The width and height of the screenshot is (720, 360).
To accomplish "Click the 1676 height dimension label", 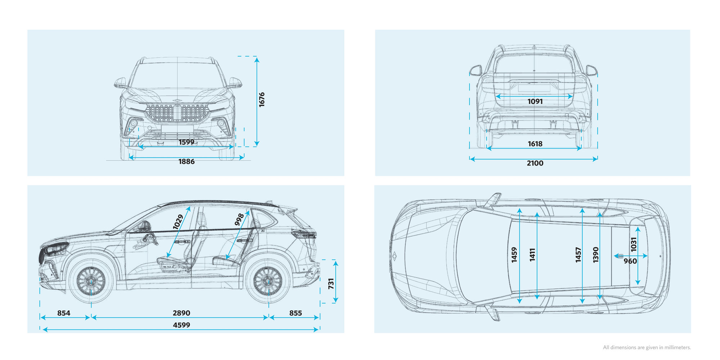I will point(262,99).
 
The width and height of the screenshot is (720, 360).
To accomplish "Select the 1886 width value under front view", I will point(186,162).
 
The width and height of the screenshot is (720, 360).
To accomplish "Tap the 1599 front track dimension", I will point(186,142).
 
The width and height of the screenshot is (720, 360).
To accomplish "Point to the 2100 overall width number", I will point(535,163).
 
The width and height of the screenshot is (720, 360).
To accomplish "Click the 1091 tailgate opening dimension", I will point(535,102).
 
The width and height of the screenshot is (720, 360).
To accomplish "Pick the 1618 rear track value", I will point(535,144).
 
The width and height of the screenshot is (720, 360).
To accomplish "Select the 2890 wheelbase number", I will point(181,313).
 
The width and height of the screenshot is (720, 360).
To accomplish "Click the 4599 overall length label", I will point(181,325).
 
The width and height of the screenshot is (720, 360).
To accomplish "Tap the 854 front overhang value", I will point(64,313).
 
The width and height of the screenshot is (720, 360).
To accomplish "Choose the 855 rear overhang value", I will point(296,313).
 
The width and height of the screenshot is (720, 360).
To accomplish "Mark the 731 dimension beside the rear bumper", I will point(331,283).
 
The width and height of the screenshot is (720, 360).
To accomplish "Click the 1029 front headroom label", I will point(178,222).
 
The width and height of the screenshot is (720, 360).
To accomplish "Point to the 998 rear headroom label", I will point(239,219).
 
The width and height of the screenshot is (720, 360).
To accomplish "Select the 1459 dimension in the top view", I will point(514,255).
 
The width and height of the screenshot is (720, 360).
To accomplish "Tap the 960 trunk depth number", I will point(630,261).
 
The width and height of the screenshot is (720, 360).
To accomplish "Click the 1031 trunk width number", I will point(634,244).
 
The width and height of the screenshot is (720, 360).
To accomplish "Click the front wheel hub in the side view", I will point(91,281).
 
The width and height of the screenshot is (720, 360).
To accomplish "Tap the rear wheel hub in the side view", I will point(268,281).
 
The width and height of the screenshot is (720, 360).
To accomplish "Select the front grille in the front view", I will point(177,113).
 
